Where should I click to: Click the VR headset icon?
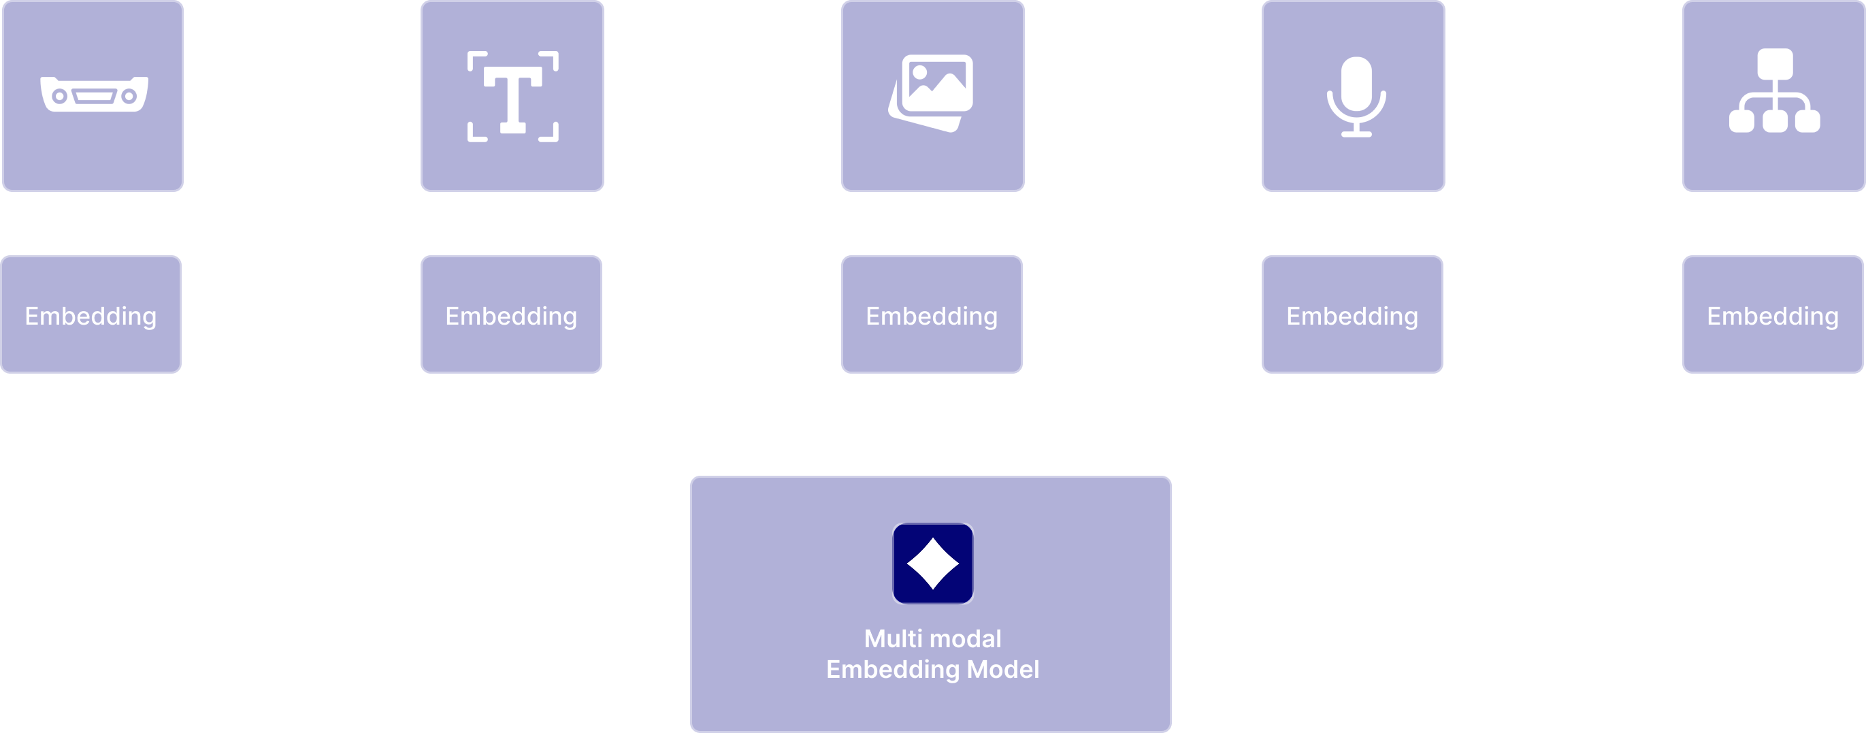point(93,94)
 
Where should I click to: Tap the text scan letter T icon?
point(513,97)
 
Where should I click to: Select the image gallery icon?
point(932,93)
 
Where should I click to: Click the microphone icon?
point(1356,97)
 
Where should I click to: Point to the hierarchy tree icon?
point(1774,91)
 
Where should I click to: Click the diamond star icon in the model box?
point(933,564)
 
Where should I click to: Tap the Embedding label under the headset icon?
point(91,316)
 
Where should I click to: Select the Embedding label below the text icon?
point(510,316)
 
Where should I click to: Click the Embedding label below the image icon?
point(932,316)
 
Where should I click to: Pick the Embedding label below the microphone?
point(1352,316)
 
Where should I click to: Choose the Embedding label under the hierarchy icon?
point(1773,316)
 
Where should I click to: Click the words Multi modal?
point(932,639)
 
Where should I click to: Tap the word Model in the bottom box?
point(1002,669)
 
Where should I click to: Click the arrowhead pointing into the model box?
point(934,471)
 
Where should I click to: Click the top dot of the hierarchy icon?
point(1775,64)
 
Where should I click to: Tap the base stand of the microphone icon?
point(1356,133)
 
